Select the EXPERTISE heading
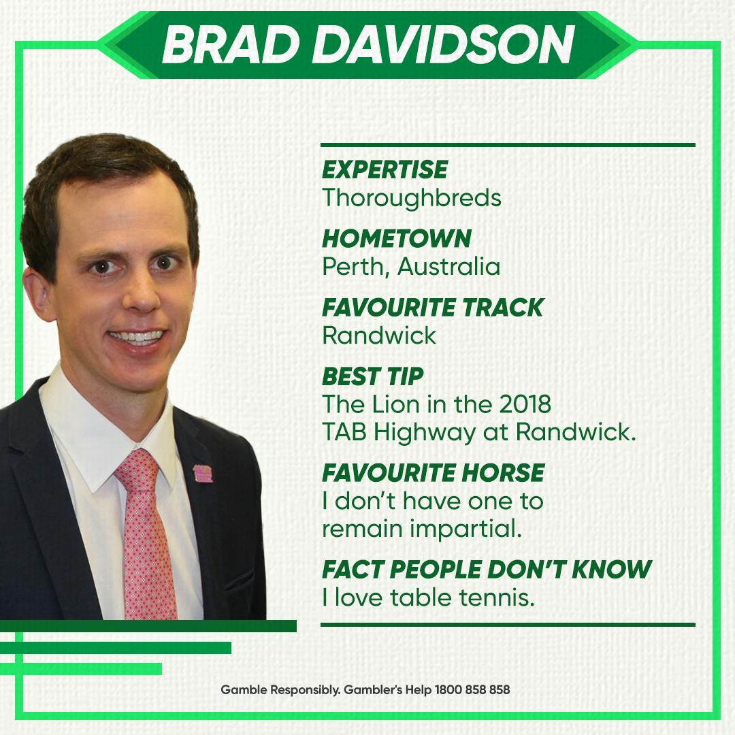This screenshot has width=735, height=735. pos(385,169)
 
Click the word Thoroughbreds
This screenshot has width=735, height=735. pos(412,198)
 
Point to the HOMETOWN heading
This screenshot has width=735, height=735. pos(397,239)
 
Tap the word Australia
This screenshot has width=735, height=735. pos(448,267)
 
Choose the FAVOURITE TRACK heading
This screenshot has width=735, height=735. pos(433,308)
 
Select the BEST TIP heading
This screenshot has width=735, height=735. pos(373,376)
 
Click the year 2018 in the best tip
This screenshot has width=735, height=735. pos(525,404)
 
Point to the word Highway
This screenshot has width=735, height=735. pos(424,433)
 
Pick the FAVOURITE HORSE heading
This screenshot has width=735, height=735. pos(433,473)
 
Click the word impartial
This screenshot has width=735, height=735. pos(466,529)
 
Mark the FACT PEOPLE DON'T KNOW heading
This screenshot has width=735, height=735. pos(487,570)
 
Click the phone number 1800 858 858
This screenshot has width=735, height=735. pos(472,689)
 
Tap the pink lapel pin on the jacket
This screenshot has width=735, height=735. pos(203,474)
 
